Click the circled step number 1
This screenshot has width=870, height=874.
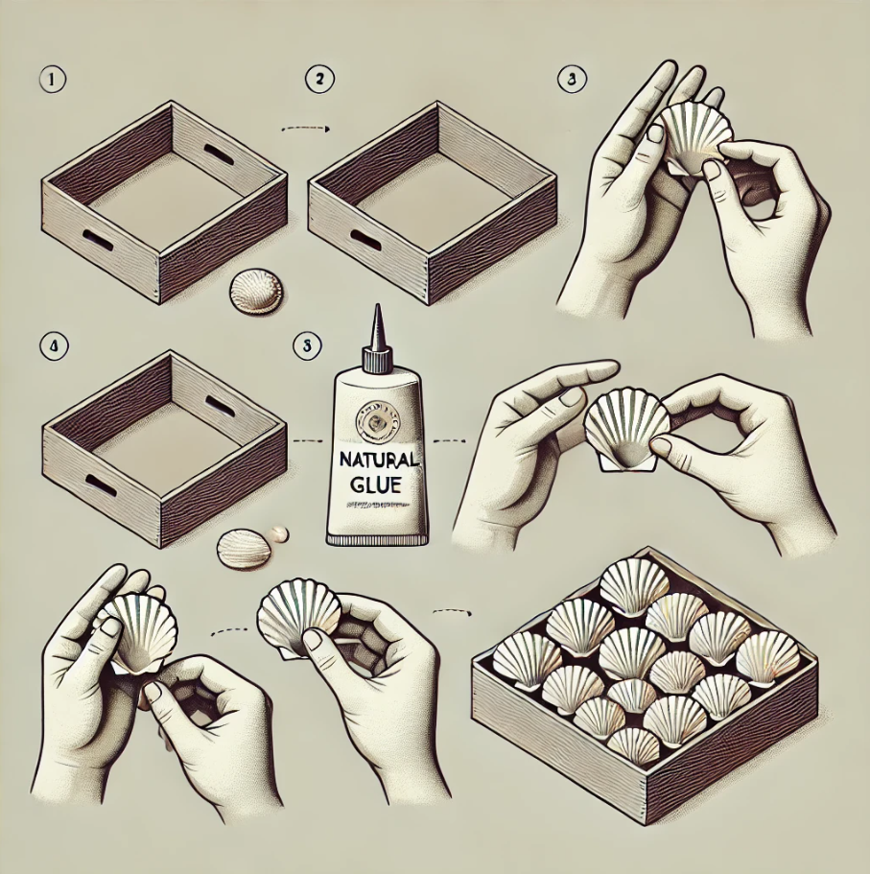(x=53, y=80)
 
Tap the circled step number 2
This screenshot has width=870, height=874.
(x=320, y=79)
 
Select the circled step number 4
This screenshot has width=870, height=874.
(x=54, y=346)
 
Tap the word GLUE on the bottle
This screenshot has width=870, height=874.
(x=376, y=484)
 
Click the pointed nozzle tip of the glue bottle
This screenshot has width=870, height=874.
(x=378, y=307)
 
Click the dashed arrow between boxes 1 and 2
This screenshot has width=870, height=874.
(x=306, y=129)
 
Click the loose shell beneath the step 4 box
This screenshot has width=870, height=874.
(x=244, y=549)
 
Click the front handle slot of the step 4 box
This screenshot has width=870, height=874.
(x=101, y=486)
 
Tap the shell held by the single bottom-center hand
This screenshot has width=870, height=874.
(x=299, y=619)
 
